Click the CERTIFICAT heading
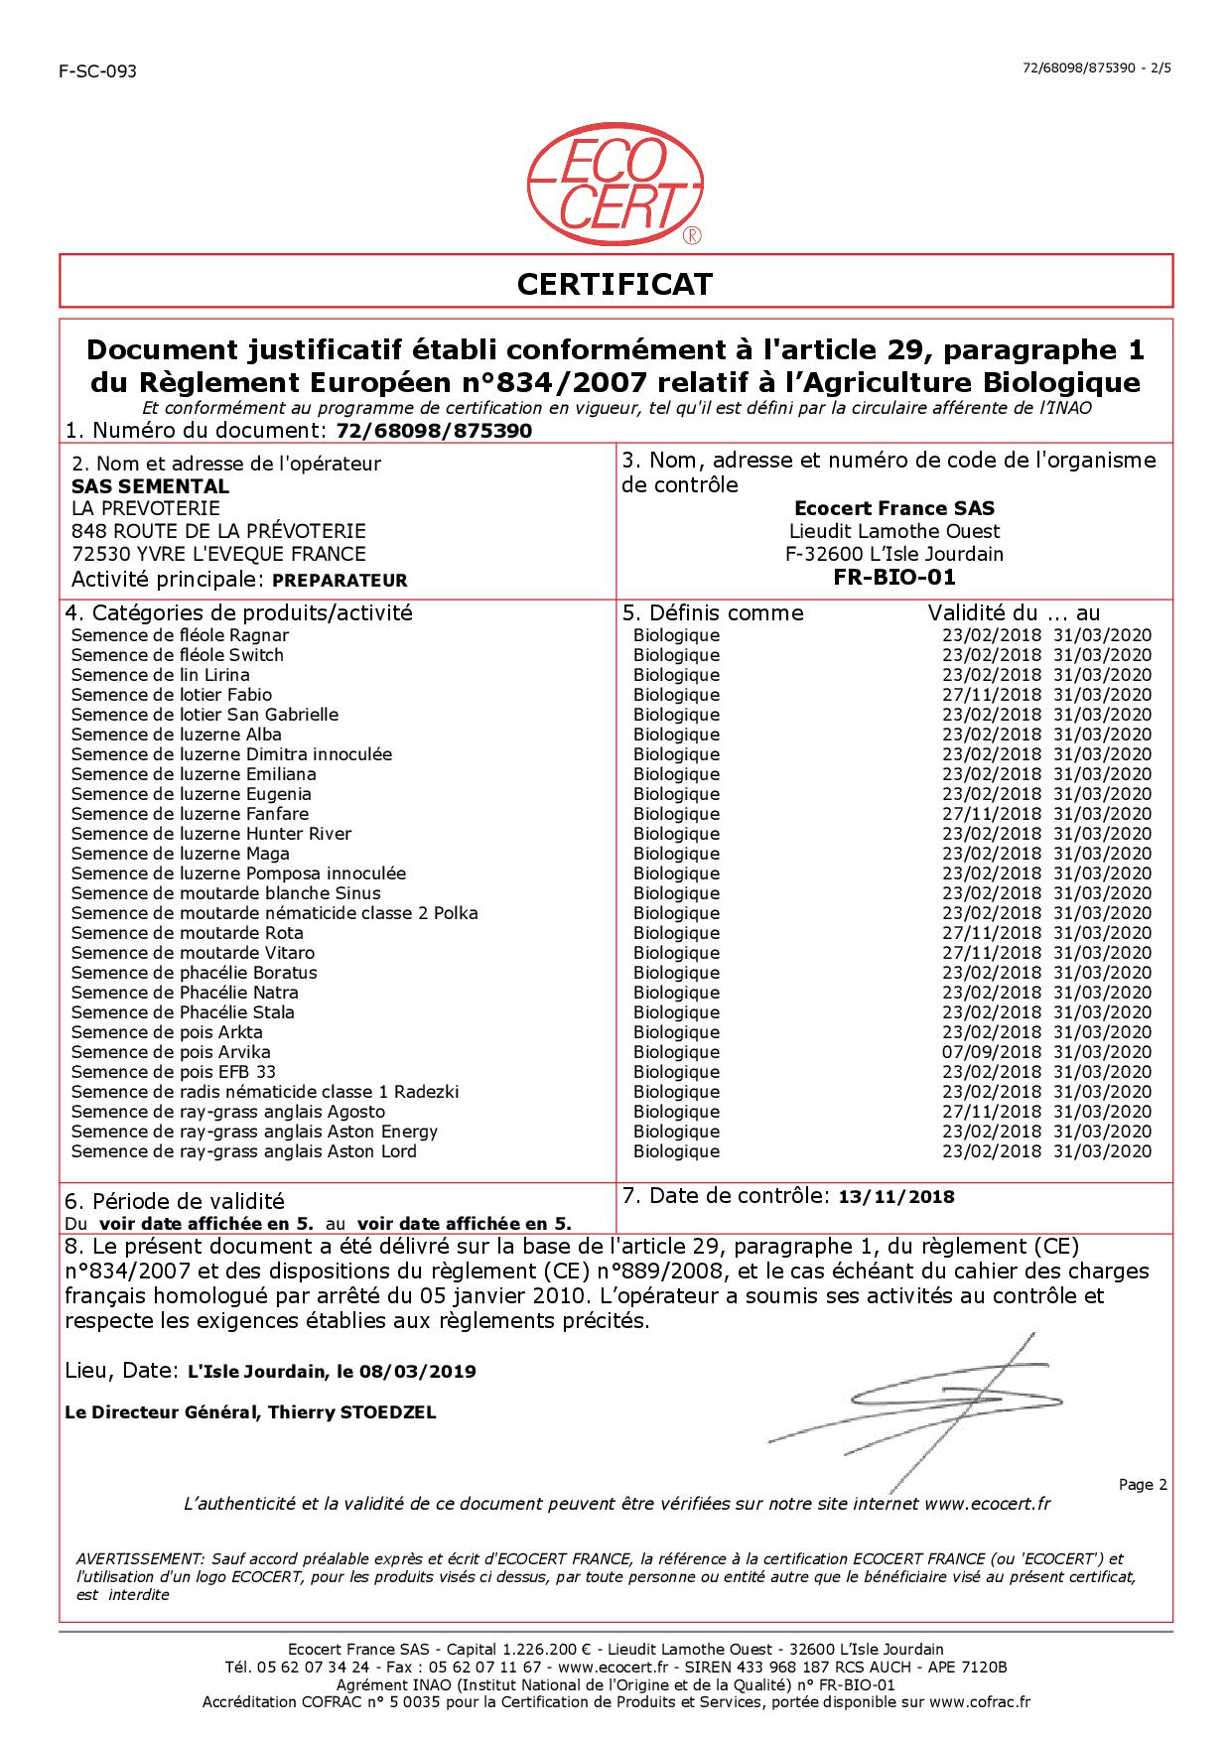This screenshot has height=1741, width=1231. point(615,285)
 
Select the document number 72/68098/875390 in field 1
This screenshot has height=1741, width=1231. point(435,431)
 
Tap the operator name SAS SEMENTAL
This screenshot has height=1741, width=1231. point(150,486)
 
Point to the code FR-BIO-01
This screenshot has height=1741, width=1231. point(895,578)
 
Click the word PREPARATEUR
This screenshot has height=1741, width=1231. point(339,581)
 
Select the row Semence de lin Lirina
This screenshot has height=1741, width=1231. point(161,675)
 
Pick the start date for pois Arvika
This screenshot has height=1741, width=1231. point(991,1052)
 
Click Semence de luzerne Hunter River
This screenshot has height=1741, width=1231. point(211,834)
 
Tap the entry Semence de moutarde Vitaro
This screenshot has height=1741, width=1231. point(194,953)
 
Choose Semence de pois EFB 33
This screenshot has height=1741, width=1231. point(174,1072)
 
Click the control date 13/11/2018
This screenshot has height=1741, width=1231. point(896,1197)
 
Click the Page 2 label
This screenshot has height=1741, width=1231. point(1143,1485)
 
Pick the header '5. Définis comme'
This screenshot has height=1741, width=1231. point(713,613)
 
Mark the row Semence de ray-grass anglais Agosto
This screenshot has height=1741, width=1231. point(228,1112)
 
